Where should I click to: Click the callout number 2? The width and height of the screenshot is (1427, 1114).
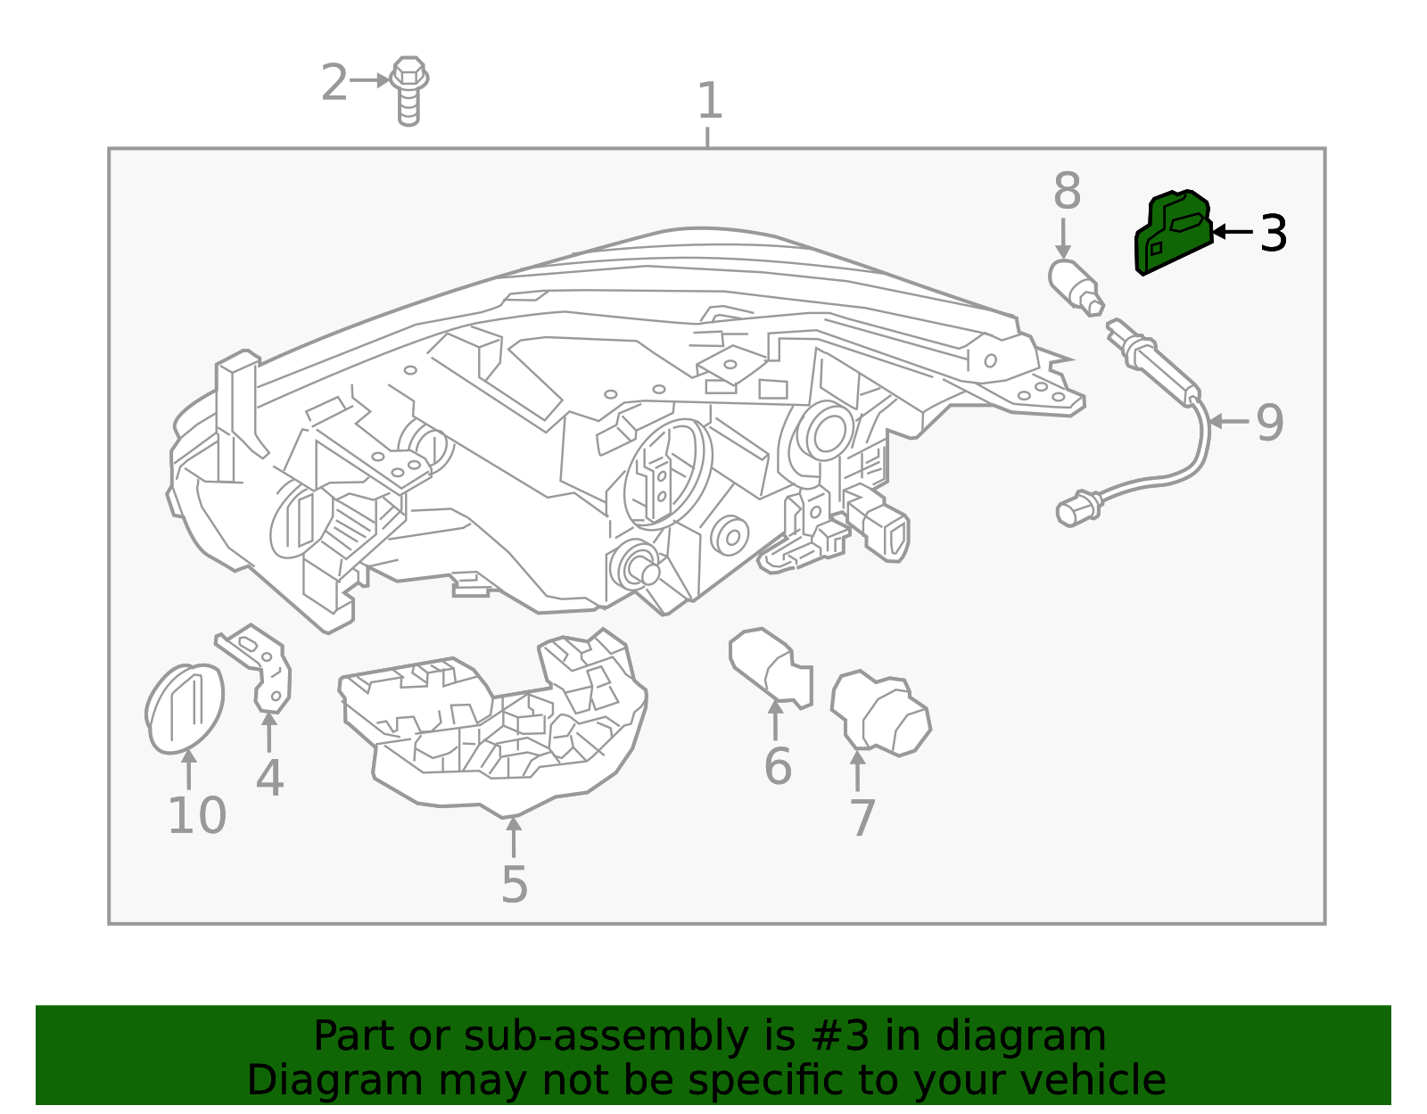334,83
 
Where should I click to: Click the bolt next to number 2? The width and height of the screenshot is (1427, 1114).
408,91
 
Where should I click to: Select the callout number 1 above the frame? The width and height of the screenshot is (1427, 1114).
709,101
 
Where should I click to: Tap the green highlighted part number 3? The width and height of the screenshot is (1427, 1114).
1175,233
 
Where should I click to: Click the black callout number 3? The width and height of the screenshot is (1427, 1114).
1274,233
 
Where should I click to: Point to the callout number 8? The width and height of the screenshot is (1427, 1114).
1067,191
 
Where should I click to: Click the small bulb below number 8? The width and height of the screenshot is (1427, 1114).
1076,287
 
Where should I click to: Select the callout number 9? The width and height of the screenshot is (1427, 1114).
1269,422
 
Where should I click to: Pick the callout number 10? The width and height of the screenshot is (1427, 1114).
197,816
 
